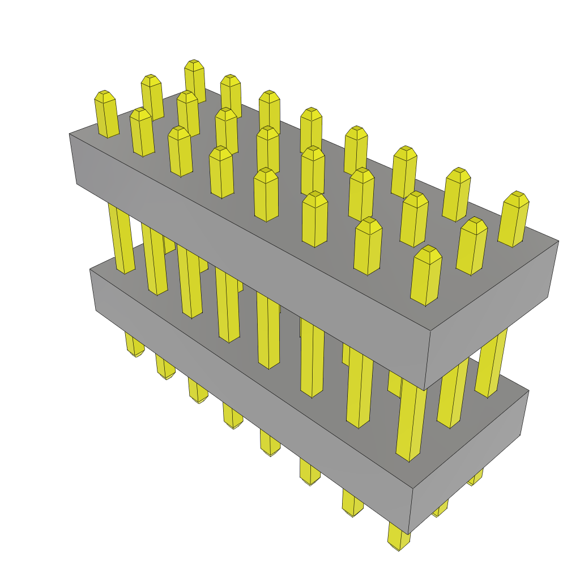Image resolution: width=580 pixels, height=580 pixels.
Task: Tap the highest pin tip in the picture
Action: pyautogui.click(x=194, y=65)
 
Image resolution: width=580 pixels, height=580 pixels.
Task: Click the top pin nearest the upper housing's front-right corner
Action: pyautogui.click(x=426, y=276)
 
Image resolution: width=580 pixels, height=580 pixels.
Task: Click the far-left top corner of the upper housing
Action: pyautogui.click(x=70, y=134)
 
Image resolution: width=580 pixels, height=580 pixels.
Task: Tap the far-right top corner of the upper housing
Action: pyautogui.click(x=558, y=241)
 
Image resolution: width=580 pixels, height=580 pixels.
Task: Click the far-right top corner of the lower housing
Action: pyautogui.click(x=528, y=391)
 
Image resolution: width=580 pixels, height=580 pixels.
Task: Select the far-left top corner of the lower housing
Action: pyautogui.click(x=90, y=270)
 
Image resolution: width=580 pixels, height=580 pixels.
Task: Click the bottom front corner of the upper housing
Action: pyautogui.click(x=425, y=390)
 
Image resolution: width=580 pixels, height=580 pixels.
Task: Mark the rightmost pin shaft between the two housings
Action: pyautogui.click(x=491, y=362)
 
